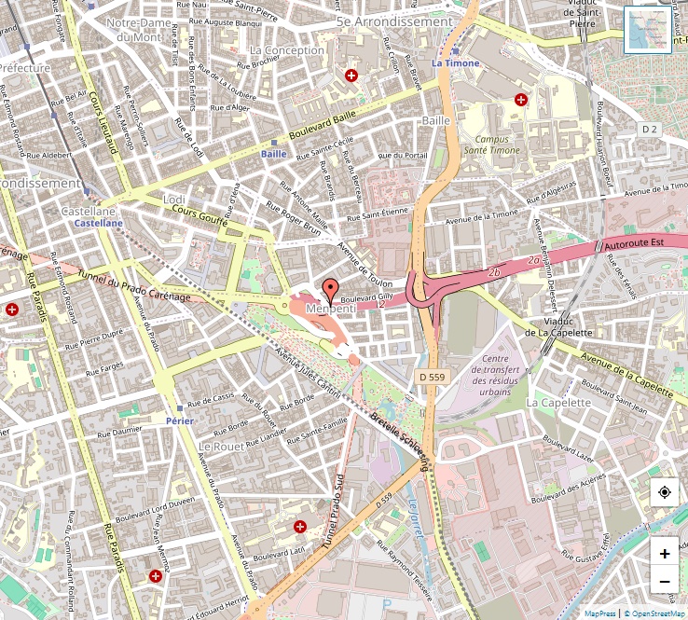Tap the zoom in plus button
(664, 553)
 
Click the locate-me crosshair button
(664, 492)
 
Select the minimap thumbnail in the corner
(647, 30)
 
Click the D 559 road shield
(433, 376)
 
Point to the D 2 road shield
(650, 129)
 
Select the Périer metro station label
(178, 421)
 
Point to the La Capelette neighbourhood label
(558, 402)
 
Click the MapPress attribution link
(599, 613)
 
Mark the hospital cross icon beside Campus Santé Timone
(521, 99)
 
